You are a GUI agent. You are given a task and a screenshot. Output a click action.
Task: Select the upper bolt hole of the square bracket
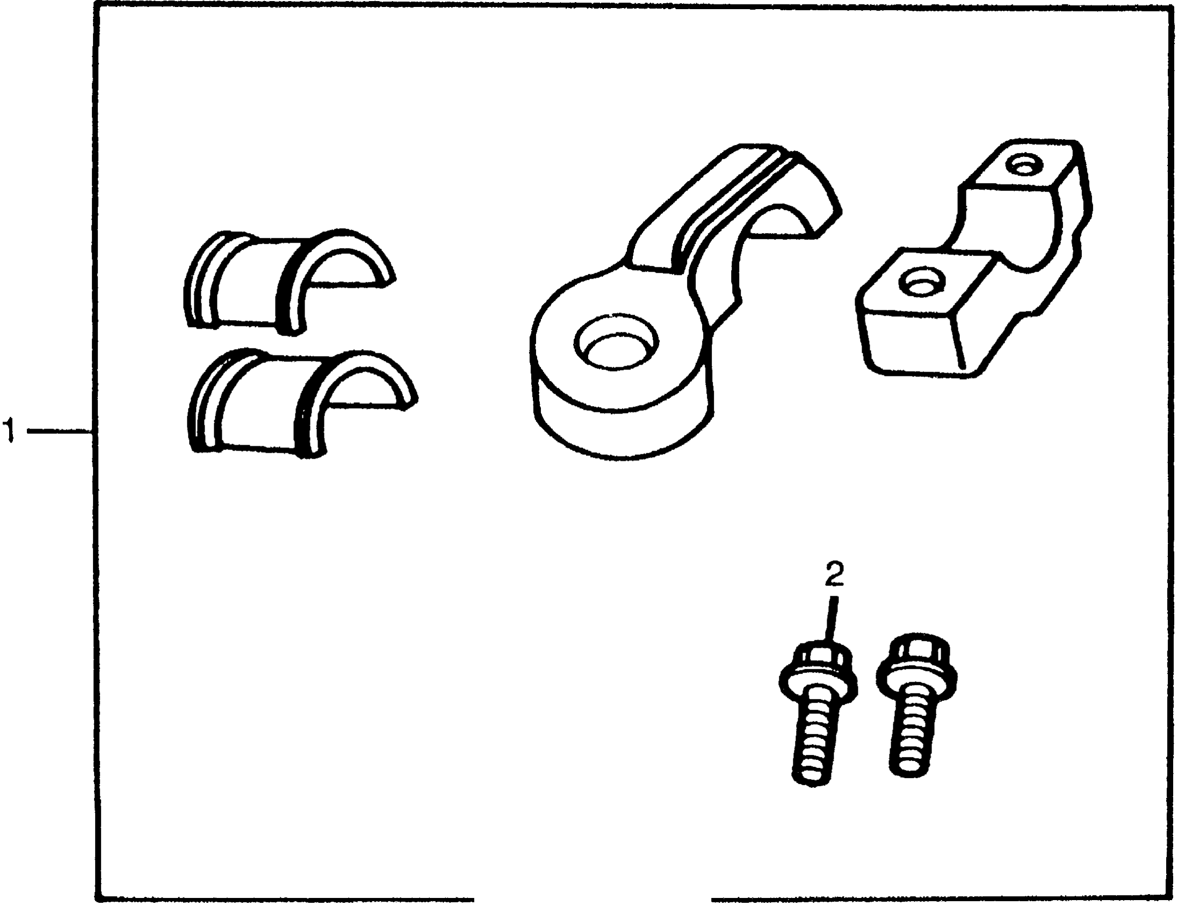1024,165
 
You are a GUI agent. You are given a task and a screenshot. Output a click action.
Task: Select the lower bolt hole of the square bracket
922,281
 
